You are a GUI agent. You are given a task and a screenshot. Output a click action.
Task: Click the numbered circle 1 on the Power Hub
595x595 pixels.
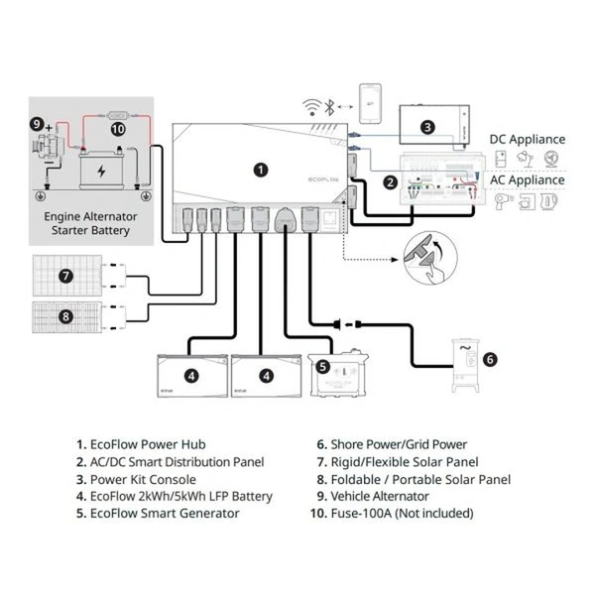[x=261, y=170]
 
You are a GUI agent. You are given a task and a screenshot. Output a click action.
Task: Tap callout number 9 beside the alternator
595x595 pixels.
[x=37, y=124]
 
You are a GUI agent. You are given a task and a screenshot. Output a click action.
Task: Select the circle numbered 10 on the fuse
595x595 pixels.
[x=118, y=128]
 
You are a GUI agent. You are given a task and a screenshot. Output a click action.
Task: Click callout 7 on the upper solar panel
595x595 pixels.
[x=66, y=275]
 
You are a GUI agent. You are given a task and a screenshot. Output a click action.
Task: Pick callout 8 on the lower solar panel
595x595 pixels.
[x=66, y=317]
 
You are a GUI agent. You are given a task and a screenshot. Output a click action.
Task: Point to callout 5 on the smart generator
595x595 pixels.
[x=322, y=365]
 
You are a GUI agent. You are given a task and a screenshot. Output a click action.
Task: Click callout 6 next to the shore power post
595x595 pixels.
[x=489, y=360]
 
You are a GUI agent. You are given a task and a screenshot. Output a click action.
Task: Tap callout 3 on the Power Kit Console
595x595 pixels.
[x=427, y=127]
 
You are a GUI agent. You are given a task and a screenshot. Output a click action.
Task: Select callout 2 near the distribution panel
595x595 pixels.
[x=391, y=182]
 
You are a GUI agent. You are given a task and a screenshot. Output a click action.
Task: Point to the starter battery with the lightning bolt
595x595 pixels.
[x=100, y=170]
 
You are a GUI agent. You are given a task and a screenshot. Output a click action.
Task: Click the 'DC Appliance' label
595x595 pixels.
[x=527, y=140]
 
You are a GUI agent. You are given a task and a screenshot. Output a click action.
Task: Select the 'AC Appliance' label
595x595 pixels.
[x=528, y=179]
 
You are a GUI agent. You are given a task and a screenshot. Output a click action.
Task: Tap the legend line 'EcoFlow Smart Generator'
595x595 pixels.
[x=164, y=513]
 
